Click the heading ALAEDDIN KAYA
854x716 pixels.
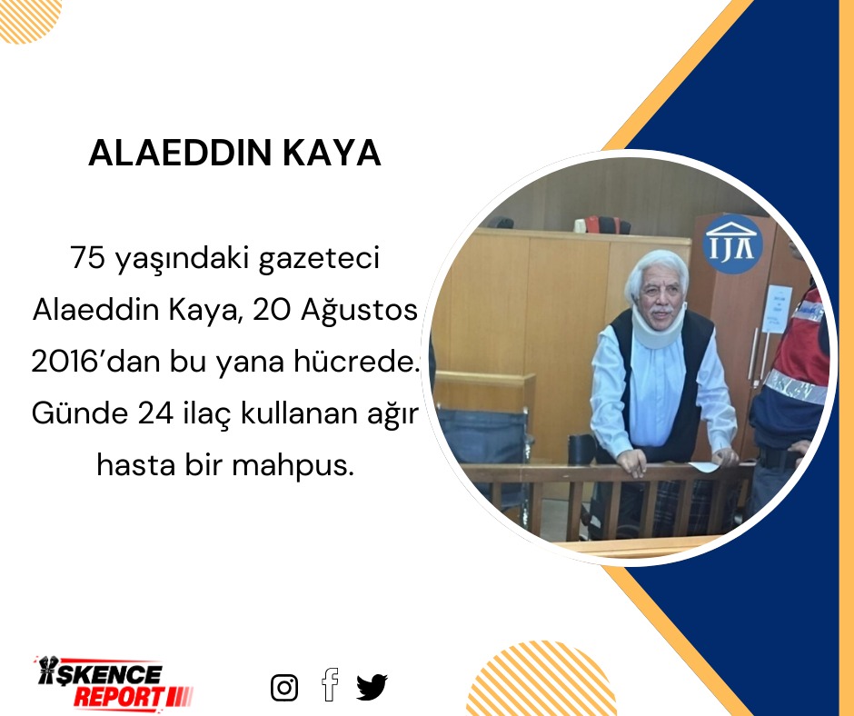(233, 154)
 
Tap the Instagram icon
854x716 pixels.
(284, 688)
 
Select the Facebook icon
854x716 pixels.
(330, 684)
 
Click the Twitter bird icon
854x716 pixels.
(372, 687)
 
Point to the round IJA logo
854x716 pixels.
(732, 244)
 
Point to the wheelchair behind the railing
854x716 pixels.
(482, 445)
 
